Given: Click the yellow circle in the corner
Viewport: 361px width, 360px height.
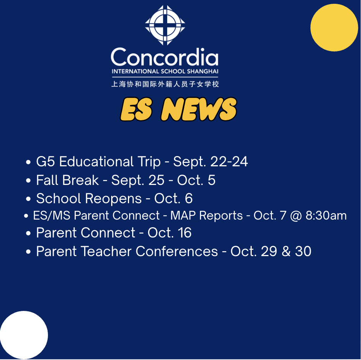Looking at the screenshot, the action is (334, 28).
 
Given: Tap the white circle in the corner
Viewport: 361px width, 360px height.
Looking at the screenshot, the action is (24, 335).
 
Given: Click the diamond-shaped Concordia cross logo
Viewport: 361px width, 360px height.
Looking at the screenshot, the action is (165, 25).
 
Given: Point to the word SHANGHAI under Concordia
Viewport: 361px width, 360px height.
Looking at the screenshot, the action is (203, 71).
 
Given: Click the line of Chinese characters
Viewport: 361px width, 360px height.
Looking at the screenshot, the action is (165, 84).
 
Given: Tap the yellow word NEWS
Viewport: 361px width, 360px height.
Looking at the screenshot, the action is (199, 109).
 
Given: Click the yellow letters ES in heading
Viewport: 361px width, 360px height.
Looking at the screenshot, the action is (136, 109).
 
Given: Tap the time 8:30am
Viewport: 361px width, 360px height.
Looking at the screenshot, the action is (326, 215).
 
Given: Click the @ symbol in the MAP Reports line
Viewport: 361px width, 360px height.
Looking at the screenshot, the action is (296, 216).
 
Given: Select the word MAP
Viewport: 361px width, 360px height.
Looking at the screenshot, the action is (183, 215).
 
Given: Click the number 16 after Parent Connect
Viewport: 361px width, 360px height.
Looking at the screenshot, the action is (184, 233).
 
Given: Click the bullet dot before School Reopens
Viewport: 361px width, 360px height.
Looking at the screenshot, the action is (28, 199).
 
